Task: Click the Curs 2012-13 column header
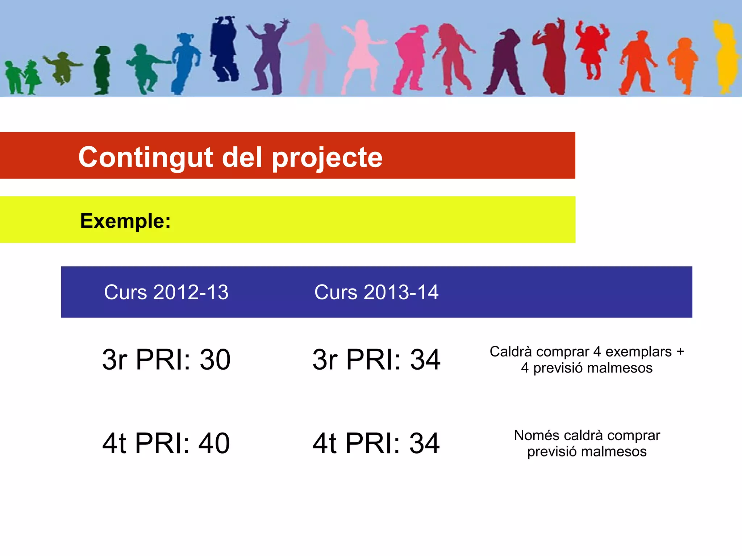[x=166, y=292]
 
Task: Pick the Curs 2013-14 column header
[x=376, y=292]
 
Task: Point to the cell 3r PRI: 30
[x=166, y=359]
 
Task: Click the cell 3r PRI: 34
[x=376, y=359]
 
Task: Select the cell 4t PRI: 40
[x=166, y=443]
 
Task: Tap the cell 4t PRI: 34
[x=376, y=443]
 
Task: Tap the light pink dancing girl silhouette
[x=362, y=54]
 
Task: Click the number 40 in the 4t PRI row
[x=214, y=443]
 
